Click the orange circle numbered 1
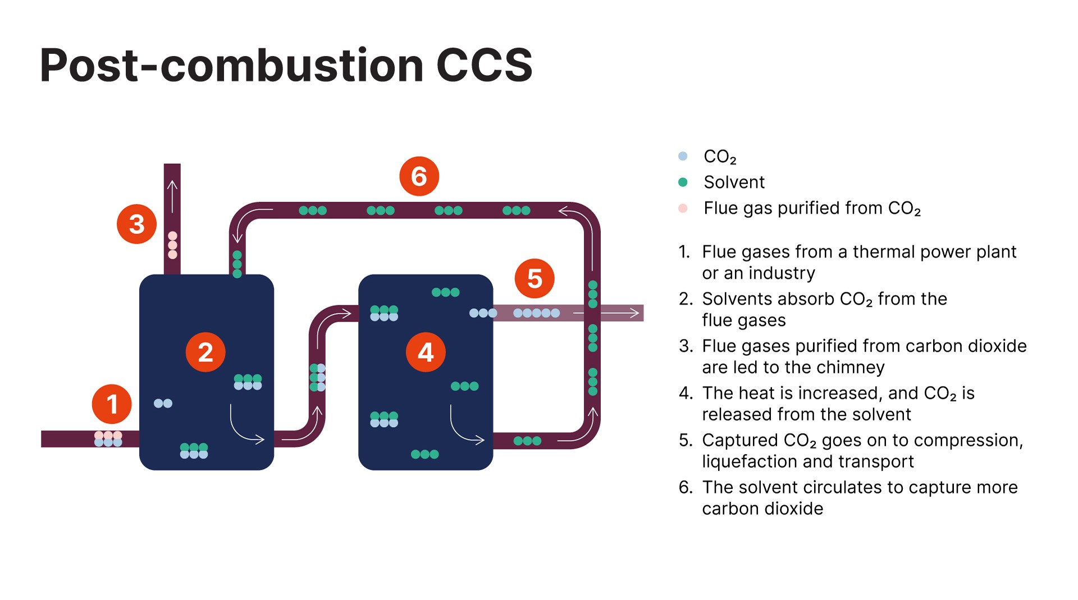[112, 404]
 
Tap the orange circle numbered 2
[205, 352]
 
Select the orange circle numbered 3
[136, 224]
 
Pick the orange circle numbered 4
[426, 352]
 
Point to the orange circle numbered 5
[535, 278]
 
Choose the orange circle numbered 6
[419, 176]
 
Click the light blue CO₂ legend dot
[683, 156]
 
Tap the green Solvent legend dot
[683, 182]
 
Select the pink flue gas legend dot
[683, 208]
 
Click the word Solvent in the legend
[734, 182]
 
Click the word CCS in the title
[484, 66]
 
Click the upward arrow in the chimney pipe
[172, 195]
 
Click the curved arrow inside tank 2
[246, 427]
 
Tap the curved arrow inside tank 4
[466, 427]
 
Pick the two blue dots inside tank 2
[163, 403]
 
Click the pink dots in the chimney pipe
[172, 245]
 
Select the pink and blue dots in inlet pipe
[108, 439]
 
